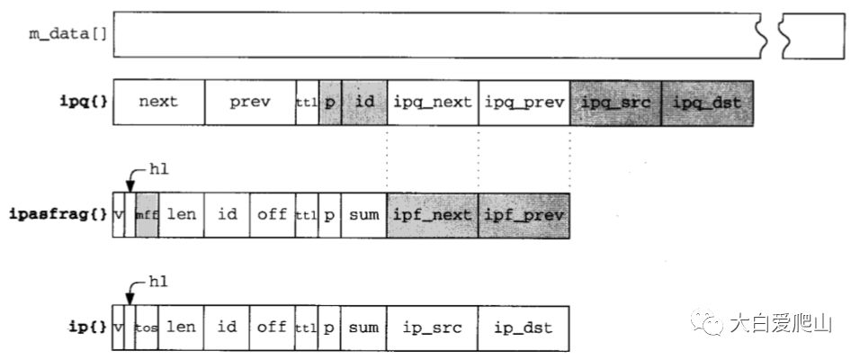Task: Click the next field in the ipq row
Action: pos(158,102)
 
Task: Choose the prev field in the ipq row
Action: pos(249,102)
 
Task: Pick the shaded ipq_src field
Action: pos(615,102)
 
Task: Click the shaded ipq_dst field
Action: pos(707,102)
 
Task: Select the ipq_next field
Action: pos(432,102)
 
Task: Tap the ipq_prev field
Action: pos(524,102)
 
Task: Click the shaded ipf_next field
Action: pos(432,215)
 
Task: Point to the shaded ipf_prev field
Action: pos(524,215)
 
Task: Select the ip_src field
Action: pos(432,328)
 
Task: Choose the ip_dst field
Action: pos(524,328)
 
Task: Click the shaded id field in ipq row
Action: pos(364,102)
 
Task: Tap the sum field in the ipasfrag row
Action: pos(363,215)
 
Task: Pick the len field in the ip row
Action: pos(182,328)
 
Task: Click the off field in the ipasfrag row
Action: pos(272,215)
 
